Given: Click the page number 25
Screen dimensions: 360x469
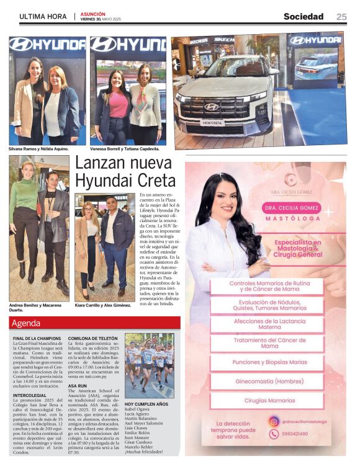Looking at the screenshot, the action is click(341, 17).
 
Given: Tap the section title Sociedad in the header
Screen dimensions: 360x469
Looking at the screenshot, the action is click(304, 17).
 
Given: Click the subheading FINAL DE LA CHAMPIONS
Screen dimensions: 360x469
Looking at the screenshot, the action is click(37, 339).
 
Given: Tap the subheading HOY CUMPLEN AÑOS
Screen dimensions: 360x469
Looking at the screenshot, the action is click(146, 404).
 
